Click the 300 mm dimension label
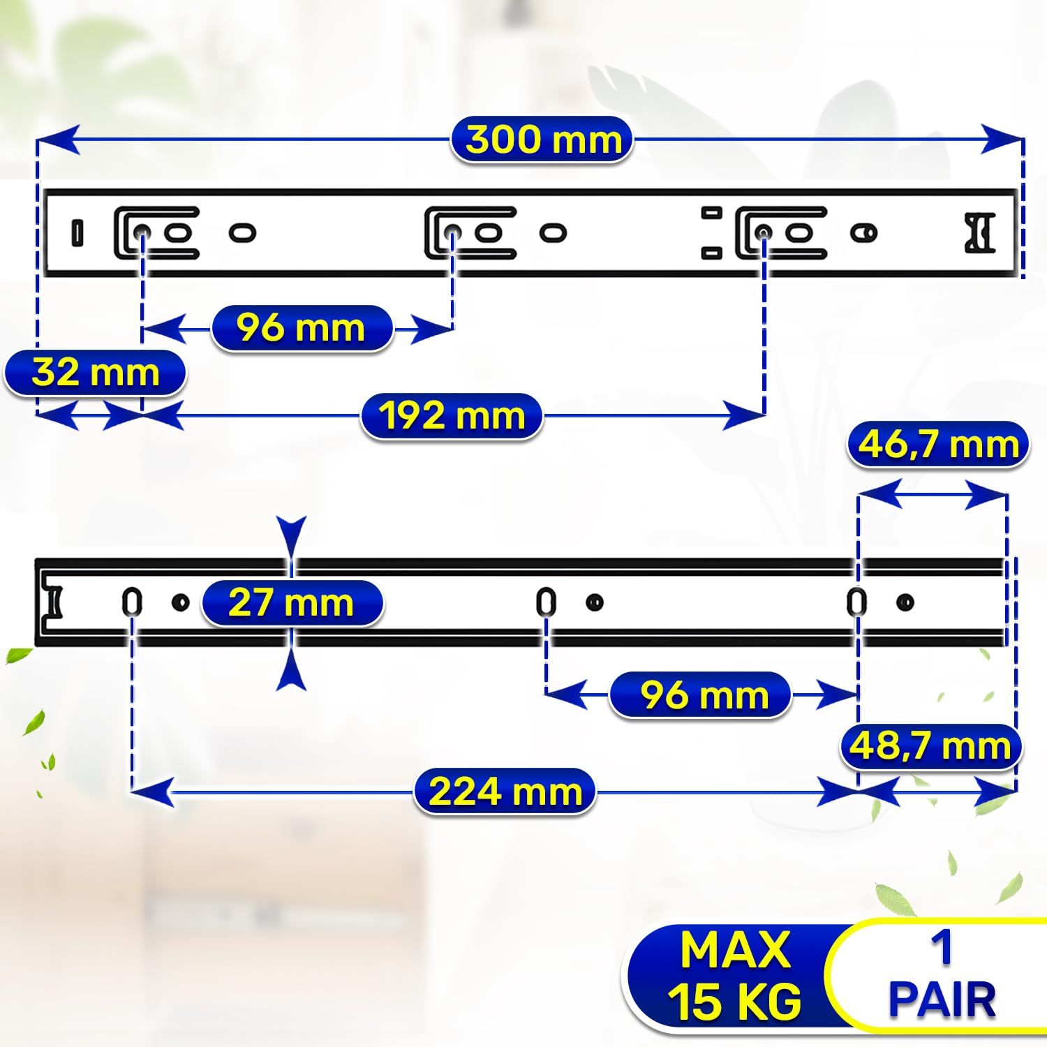click(x=542, y=140)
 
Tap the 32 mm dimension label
click(x=95, y=373)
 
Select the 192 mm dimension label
click(x=452, y=417)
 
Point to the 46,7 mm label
click(x=938, y=445)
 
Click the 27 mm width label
click(x=292, y=602)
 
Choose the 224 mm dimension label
click(x=505, y=792)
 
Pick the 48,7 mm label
click(x=930, y=746)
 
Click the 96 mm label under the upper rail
click(x=301, y=328)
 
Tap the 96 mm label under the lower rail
click(x=700, y=695)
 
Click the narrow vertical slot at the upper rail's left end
click(x=77, y=233)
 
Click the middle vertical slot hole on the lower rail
click(x=546, y=602)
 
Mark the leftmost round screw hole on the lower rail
click(x=181, y=602)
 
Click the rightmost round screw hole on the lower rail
click(x=905, y=602)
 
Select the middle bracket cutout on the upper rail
click(x=469, y=232)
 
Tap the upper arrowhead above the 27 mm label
click(x=291, y=536)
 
